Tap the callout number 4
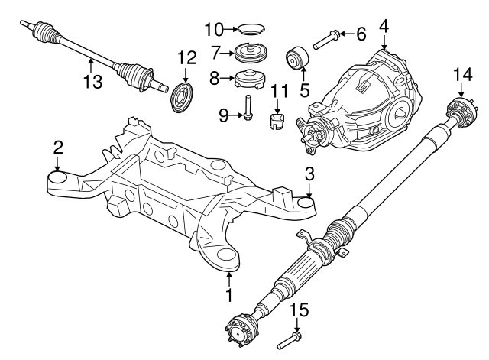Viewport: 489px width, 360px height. tap(384, 26)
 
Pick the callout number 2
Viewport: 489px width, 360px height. tap(58, 147)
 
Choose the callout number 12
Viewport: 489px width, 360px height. tap(187, 57)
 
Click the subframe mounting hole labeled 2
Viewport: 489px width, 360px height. tap(59, 180)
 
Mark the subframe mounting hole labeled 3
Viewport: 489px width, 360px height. tap(307, 203)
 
